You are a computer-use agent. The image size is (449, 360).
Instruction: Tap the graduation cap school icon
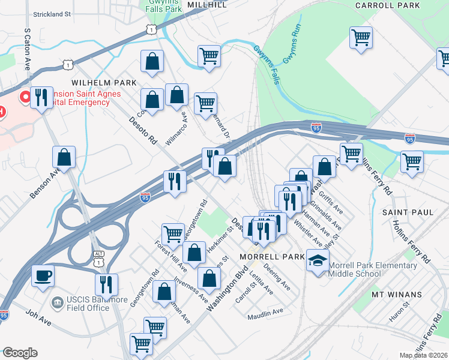click(318, 260)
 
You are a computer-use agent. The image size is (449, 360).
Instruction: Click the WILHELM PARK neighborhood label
click(104, 82)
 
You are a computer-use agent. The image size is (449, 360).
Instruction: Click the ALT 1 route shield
click(99, 259)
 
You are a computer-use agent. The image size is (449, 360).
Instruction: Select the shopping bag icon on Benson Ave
click(64, 158)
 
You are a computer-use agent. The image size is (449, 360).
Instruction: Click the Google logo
click(20, 353)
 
